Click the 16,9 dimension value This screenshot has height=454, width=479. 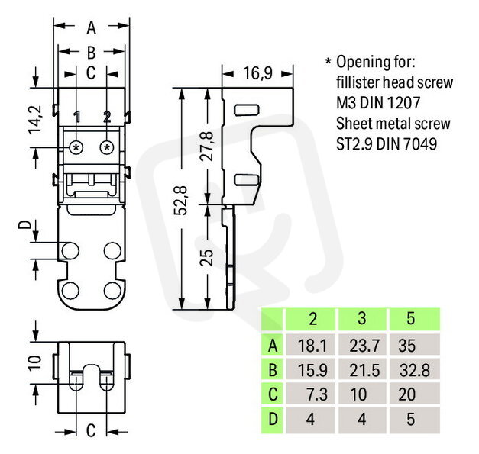click(257, 73)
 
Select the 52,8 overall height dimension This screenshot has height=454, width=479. click(181, 200)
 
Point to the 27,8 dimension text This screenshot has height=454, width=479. click(206, 147)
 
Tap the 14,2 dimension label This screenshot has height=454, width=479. click(35, 119)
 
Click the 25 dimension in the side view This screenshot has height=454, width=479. click(206, 257)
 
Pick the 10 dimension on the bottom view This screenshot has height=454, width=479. click(35, 362)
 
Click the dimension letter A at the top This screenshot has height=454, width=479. click(92, 27)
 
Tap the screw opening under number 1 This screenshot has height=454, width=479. click(76, 148)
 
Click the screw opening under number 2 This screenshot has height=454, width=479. click(107, 148)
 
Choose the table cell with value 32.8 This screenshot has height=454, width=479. click(415, 370)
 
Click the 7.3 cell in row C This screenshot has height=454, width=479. click(317, 394)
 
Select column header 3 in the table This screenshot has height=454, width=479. click(361, 318)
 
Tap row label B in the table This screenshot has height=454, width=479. click(273, 370)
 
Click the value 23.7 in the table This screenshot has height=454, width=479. click(364, 346)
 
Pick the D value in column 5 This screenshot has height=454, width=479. click(411, 419)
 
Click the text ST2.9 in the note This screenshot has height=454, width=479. click(354, 144)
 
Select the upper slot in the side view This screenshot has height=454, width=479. click(247, 110)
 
